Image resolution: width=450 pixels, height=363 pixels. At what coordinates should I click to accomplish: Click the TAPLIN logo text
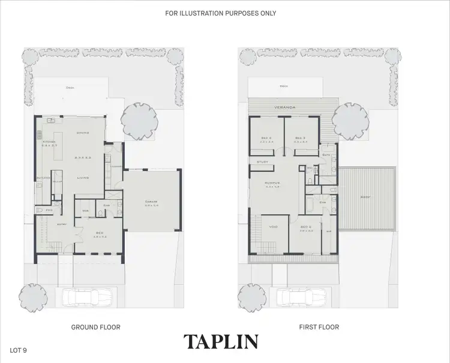coord(221,342)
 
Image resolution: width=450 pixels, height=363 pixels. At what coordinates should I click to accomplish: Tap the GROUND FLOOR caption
coord(96,327)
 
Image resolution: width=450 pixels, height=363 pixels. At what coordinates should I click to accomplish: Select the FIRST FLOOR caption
coord(319,327)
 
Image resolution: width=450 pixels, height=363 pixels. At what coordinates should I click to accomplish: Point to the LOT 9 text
coord(19,349)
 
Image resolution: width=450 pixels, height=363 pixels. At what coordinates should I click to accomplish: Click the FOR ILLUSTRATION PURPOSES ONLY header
coord(220,13)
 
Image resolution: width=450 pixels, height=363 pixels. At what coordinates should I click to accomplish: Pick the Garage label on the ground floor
coord(151,201)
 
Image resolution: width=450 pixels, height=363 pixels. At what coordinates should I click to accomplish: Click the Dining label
coord(83,133)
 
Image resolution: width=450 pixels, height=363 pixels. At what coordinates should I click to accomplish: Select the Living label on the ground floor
coord(83,178)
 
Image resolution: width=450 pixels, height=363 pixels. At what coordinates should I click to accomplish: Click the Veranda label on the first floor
coord(285,107)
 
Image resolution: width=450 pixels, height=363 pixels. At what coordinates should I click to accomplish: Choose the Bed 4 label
coord(266,138)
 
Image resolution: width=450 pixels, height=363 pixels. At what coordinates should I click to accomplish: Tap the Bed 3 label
coord(301,138)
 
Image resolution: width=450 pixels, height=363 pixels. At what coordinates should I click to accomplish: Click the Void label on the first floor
coord(274,227)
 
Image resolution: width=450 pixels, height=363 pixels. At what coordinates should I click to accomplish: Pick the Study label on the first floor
coord(262,162)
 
